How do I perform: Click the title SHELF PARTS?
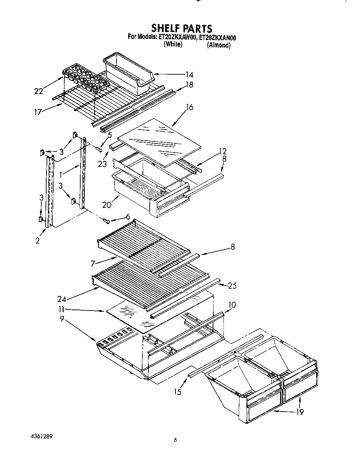181,28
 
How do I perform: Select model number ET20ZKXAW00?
177,38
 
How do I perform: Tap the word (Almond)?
219,45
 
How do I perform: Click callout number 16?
189,107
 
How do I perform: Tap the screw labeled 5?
98,149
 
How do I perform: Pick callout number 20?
107,205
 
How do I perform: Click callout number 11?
61,310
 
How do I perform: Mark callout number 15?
178,392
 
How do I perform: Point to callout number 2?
37,240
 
